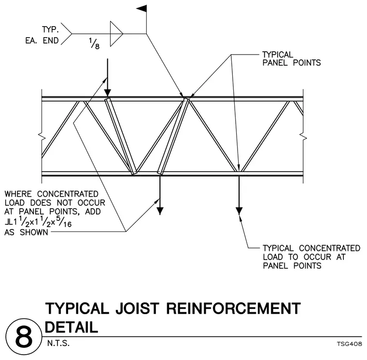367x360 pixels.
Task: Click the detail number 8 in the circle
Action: (24, 338)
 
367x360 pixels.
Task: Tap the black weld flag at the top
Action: (142, 8)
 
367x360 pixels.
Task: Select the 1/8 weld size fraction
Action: (94, 43)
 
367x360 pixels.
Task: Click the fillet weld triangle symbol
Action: (116, 34)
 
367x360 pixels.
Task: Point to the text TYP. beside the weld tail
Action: (50, 30)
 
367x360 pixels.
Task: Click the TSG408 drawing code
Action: (349, 344)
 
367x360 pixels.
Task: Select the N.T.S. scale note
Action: (58, 344)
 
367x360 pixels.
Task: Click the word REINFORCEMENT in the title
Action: (233, 308)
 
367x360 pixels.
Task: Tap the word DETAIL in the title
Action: (71, 327)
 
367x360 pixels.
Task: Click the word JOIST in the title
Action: (138, 308)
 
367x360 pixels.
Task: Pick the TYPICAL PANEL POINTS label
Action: (291, 58)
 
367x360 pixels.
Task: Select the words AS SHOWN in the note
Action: (26, 232)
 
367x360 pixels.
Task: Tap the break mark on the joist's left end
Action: (42, 137)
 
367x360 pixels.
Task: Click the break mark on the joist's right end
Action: (304, 137)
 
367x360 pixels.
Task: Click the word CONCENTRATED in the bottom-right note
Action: (329, 248)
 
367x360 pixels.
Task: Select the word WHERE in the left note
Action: (18, 194)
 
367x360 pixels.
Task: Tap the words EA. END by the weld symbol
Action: (42, 41)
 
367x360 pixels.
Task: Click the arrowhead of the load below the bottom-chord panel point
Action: (239, 211)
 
